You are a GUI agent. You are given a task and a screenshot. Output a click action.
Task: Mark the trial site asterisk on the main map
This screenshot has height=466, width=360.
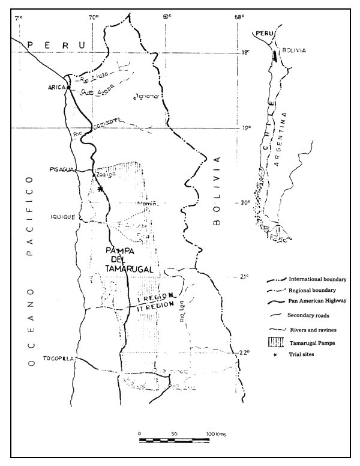click(x=100, y=189)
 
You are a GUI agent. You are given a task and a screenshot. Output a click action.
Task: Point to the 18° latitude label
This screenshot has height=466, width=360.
click(x=245, y=52)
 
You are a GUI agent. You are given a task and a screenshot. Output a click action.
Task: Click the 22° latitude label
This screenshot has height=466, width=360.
click(x=244, y=353)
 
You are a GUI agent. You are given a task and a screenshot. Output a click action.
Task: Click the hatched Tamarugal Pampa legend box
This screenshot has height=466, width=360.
click(x=274, y=342)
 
